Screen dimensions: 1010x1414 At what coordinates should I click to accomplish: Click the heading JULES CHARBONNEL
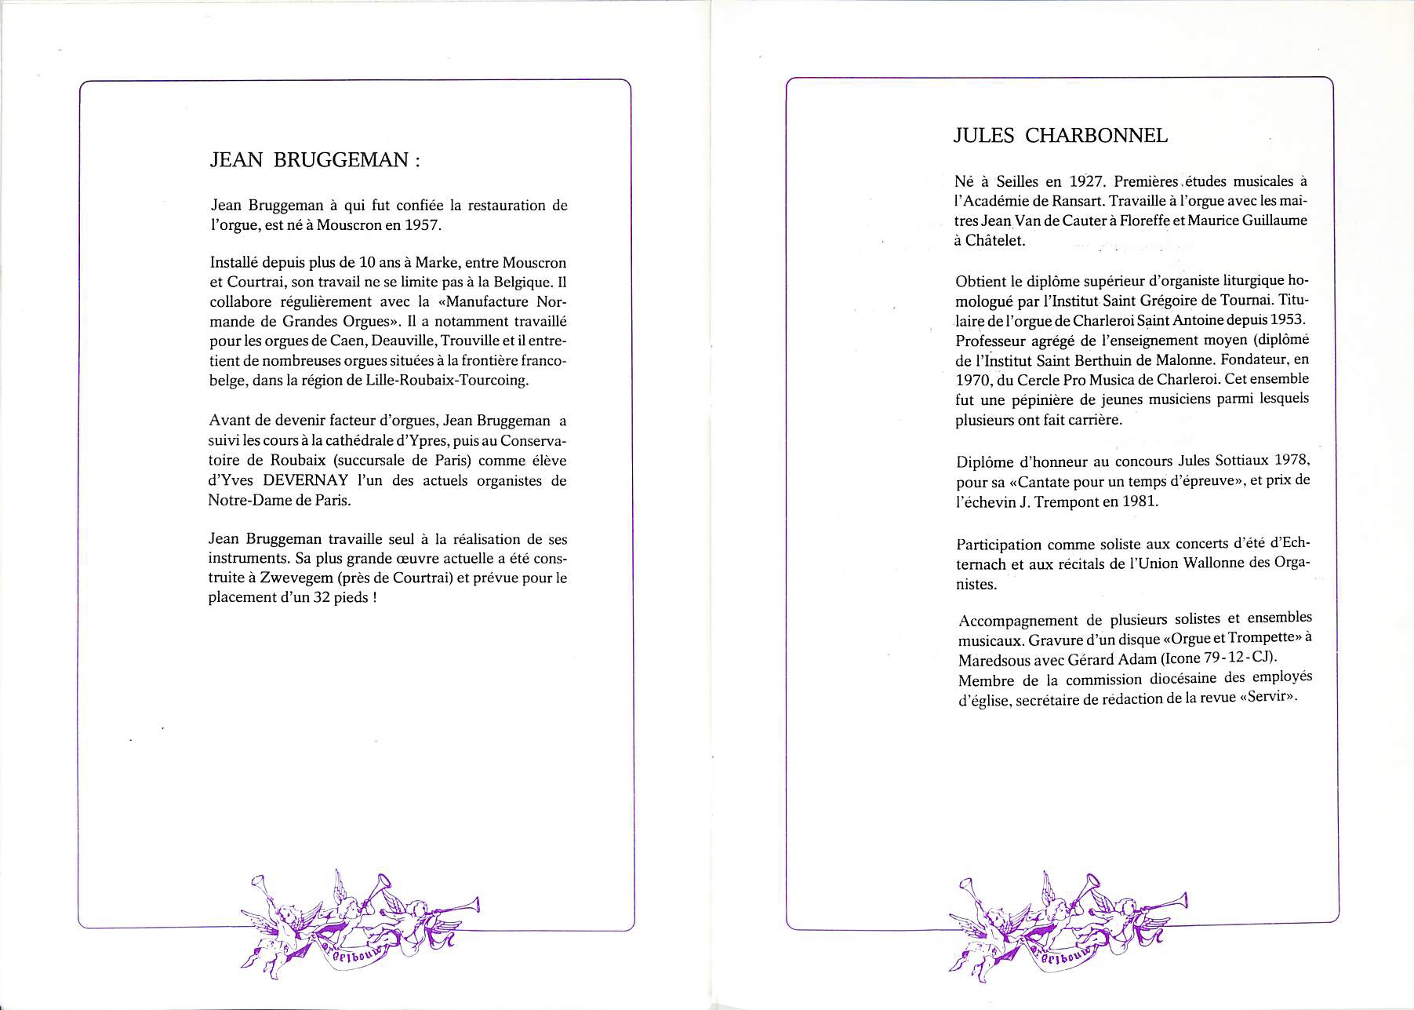tap(1060, 136)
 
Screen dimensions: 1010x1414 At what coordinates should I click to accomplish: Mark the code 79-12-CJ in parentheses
tap(1231, 658)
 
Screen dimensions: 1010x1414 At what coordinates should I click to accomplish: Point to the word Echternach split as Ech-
tap(1292, 543)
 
